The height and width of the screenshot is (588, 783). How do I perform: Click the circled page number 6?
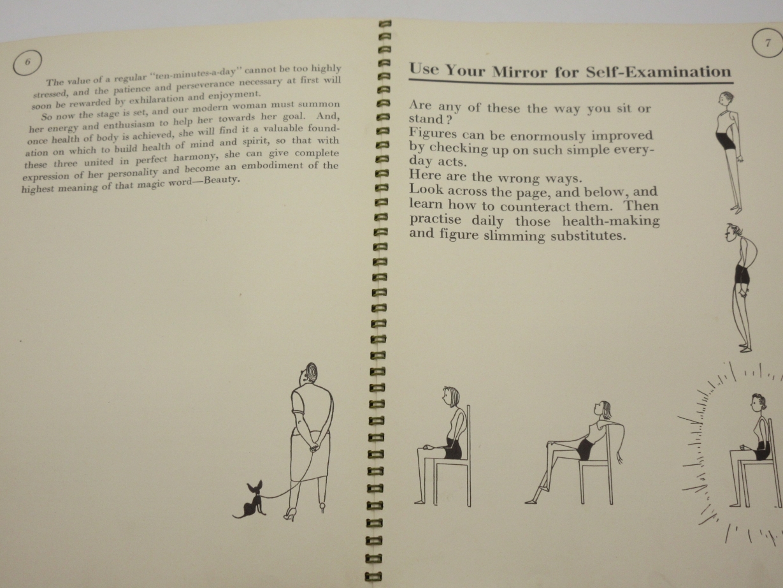27,62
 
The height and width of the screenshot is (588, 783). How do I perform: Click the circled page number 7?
768,43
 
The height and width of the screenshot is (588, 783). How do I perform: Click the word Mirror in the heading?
519,71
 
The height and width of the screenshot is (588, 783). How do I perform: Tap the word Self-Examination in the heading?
658,72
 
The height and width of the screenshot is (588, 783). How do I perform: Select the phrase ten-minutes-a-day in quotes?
198,73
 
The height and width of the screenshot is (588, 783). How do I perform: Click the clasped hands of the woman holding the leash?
313,446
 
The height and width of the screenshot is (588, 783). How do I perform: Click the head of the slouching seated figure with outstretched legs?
602,410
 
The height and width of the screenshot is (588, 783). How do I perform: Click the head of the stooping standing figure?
733,234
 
